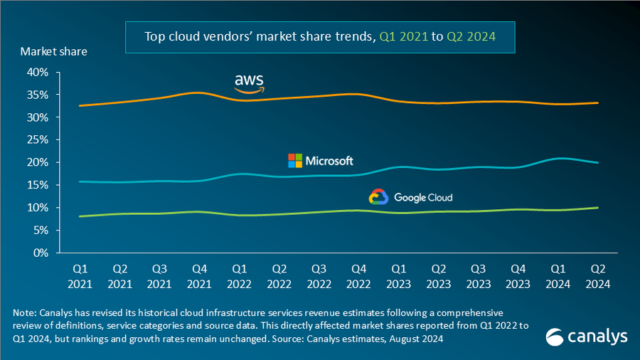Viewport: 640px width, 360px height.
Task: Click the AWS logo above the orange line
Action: (x=249, y=83)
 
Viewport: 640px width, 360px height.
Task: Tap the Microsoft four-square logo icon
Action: (x=294, y=160)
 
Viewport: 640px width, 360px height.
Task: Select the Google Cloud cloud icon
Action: (x=378, y=197)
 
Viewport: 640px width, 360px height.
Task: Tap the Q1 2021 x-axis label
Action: (x=80, y=276)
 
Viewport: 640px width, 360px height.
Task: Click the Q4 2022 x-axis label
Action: (x=360, y=276)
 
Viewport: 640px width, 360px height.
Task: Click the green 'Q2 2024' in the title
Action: (x=471, y=36)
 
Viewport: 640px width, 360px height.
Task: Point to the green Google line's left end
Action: (x=80, y=216)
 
